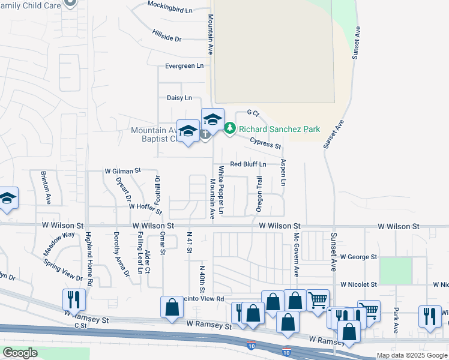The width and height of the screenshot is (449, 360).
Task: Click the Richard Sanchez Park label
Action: [279, 129]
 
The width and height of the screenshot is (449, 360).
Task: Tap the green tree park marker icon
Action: [229, 128]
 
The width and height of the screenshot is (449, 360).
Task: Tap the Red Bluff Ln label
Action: [248, 164]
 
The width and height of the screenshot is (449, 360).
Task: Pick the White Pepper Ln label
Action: [221, 190]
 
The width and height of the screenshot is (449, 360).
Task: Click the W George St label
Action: [358, 257]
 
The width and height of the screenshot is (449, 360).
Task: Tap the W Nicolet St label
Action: [358, 284]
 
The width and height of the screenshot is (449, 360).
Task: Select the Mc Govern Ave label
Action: [296, 255]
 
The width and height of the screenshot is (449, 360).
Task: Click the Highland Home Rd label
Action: [89, 258]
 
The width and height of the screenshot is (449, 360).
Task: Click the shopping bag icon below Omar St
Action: [172, 307]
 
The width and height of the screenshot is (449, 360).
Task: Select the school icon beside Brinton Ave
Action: [7, 199]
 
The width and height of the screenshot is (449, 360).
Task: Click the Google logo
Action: [20, 353]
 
